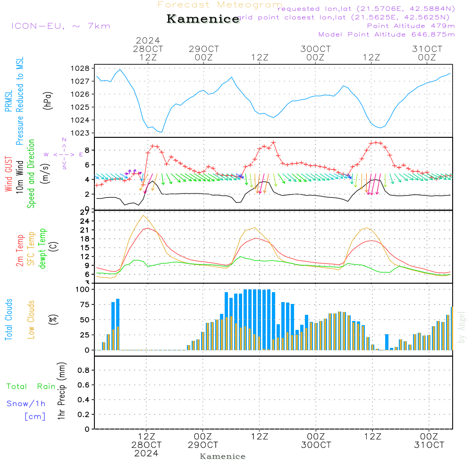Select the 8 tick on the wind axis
[87, 151]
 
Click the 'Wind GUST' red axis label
[9, 175]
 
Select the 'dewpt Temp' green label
[42, 249]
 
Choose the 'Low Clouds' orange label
[32, 319]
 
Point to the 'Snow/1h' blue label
[26, 404]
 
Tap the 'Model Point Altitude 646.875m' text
[387, 34]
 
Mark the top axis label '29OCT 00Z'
[204, 53]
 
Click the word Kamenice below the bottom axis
[223, 456]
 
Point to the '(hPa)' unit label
[48, 100]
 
